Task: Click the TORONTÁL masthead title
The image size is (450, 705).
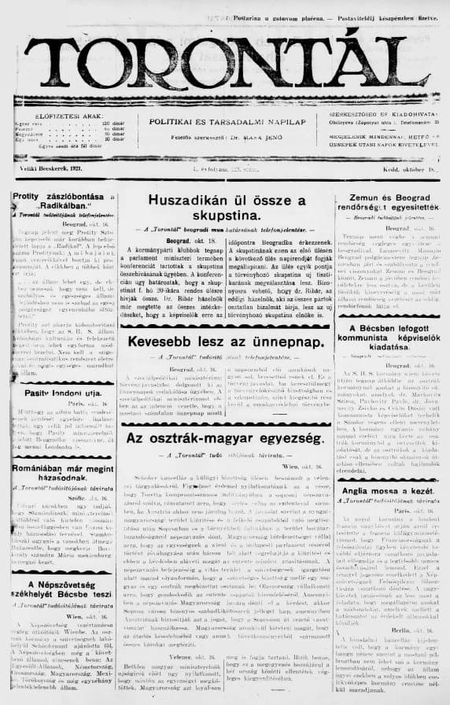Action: (224, 61)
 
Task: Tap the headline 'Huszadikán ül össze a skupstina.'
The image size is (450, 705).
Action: (227, 207)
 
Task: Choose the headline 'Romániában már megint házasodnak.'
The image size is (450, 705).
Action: (60, 472)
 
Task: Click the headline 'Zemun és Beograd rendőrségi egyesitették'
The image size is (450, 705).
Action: (385, 207)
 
